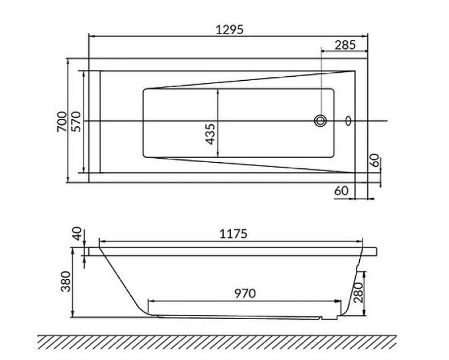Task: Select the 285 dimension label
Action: [x=345, y=45]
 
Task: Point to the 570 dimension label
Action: [x=77, y=122]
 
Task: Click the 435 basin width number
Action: [x=210, y=134]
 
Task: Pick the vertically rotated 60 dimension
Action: [x=373, y=161]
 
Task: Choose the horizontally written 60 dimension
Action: [x=341, y=191]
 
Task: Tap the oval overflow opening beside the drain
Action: [x=348, y=121]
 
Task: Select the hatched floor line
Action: [x=216, y=342]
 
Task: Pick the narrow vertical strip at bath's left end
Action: [x=95, y=121]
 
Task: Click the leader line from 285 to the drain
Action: [x=322, y=85]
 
